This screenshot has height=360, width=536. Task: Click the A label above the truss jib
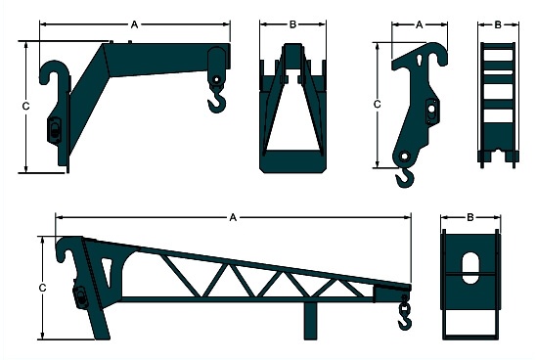click(233, 217)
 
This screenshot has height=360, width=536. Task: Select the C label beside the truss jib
click(42, 289)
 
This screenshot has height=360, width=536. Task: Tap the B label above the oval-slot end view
click(470, 217)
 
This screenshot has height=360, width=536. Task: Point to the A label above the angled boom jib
click(135, 24)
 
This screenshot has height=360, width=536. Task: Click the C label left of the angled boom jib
click(26, 107)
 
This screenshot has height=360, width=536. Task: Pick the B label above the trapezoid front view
click(292, 24)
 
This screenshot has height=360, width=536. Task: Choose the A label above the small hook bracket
click(420, 25)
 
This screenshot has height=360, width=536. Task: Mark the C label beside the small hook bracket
click(377, 105)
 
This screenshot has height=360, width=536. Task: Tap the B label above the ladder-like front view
click(498, 25)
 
